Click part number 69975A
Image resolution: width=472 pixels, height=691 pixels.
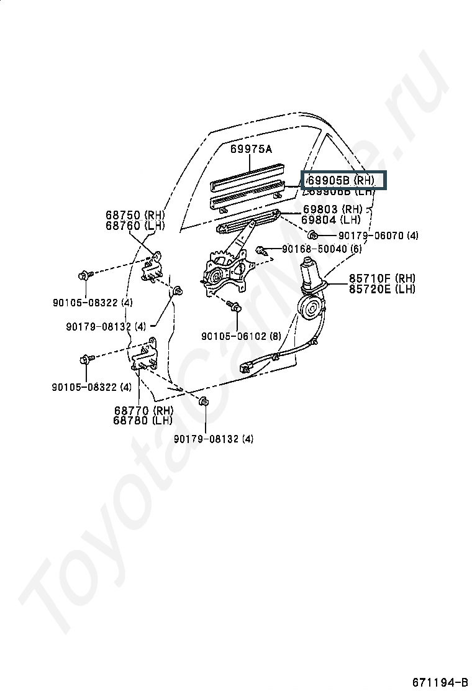[252, 149]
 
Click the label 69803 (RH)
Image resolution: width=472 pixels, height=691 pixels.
[331, 209]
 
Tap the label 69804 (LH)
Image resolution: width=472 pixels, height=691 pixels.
[330, 219]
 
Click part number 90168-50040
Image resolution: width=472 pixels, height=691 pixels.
[315, 249]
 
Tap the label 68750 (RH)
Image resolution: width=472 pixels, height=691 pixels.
[135, 216]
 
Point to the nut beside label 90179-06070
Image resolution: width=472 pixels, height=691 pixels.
[314, 235]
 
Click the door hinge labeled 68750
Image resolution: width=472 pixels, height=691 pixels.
[152, 268]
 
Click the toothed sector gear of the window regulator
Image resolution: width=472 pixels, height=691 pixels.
[219, 258]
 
